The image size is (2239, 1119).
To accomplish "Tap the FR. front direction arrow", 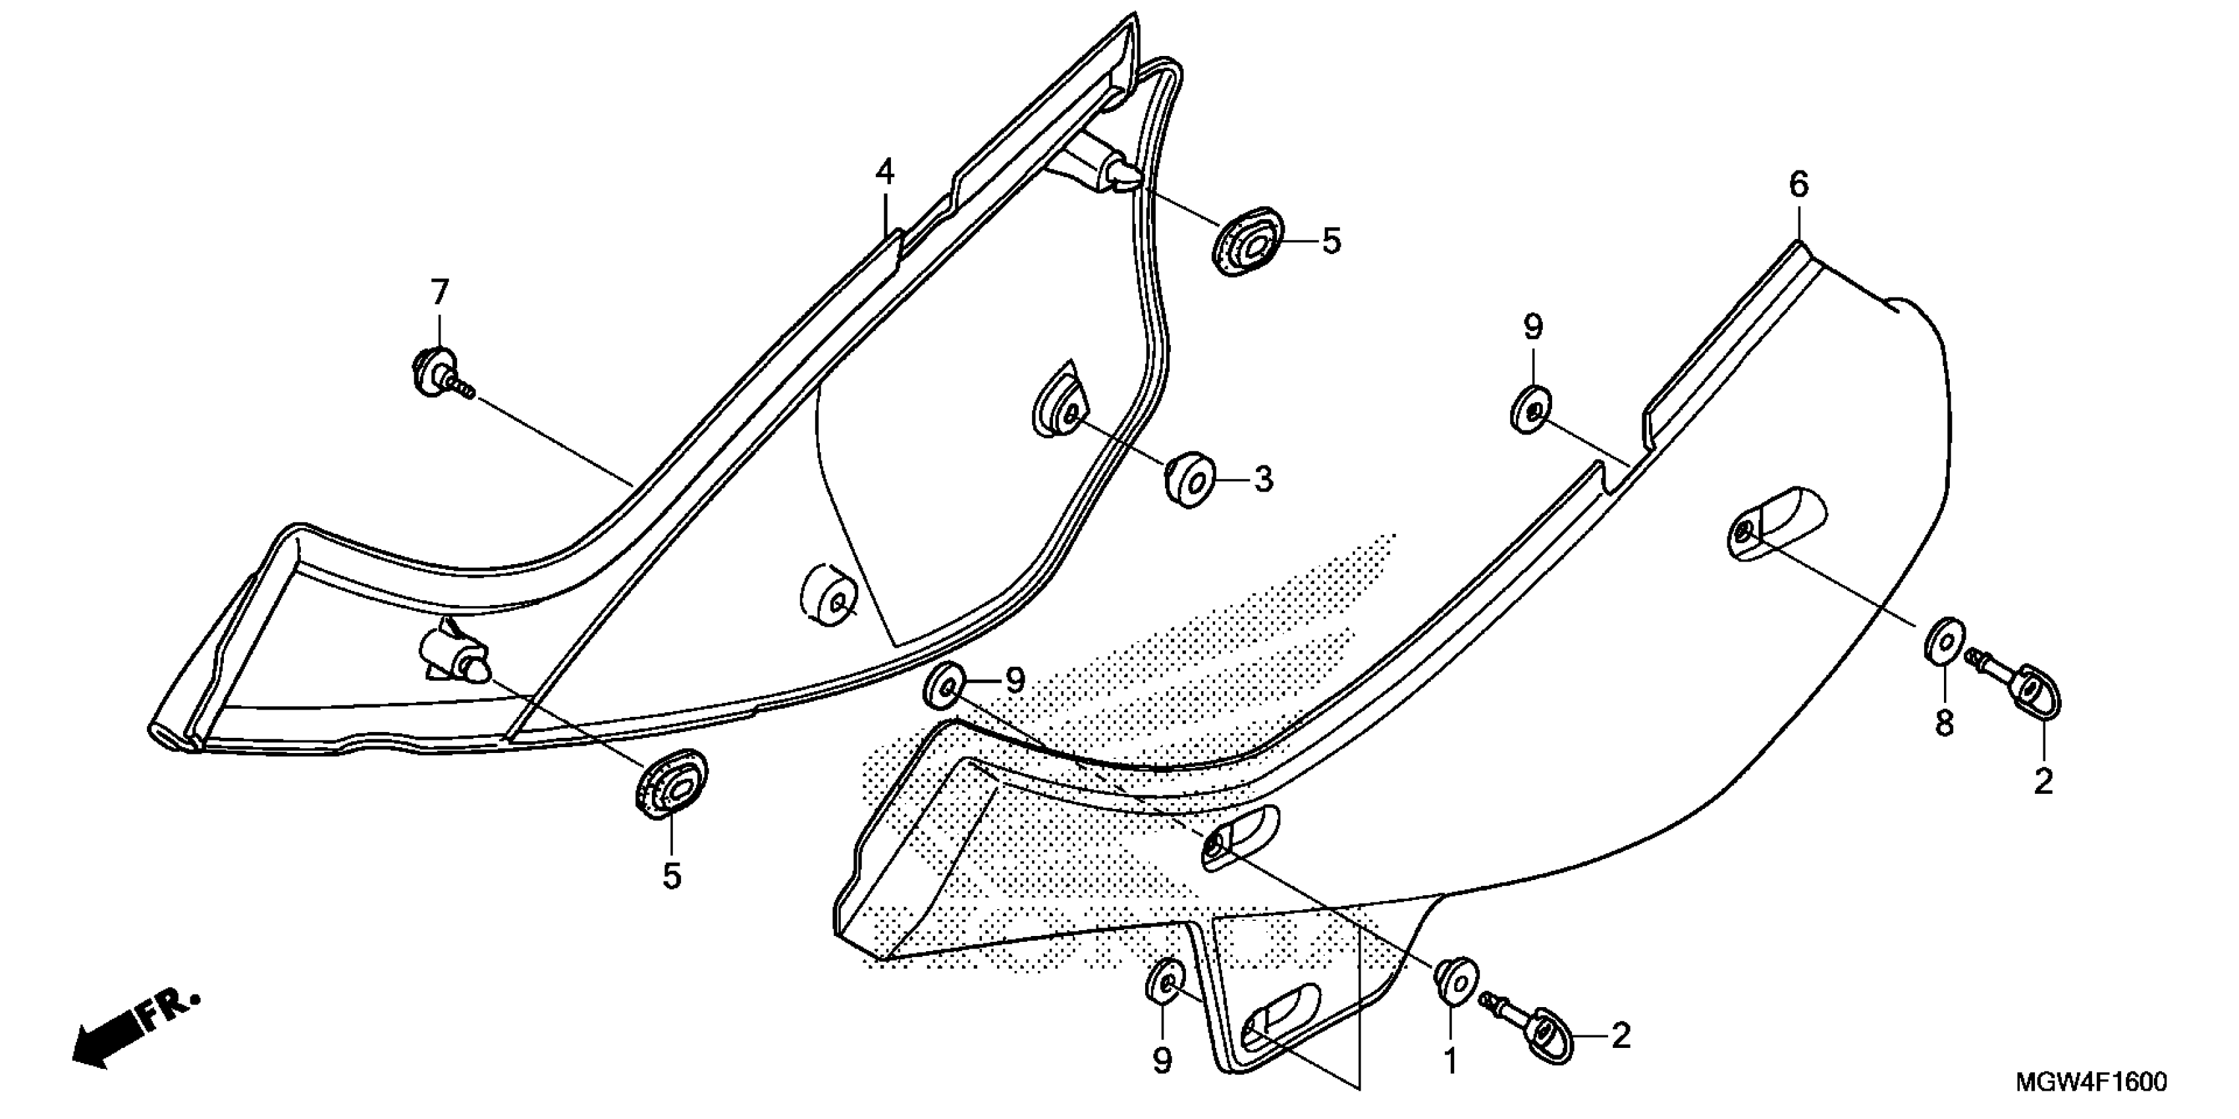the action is coord(135,1034).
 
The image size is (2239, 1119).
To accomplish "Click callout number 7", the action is coord(440,293).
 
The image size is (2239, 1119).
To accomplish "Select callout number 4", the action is coord(885,172).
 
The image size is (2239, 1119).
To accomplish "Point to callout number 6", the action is coord(1798,184).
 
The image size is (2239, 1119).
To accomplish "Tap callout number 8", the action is coord(1943,723).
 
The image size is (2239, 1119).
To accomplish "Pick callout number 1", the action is coord(1451,1062).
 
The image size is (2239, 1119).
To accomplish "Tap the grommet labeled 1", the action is coord(1457,981).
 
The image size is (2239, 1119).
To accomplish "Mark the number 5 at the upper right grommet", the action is coord(1332,241).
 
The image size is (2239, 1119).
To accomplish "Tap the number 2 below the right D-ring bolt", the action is coord(2043,782).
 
